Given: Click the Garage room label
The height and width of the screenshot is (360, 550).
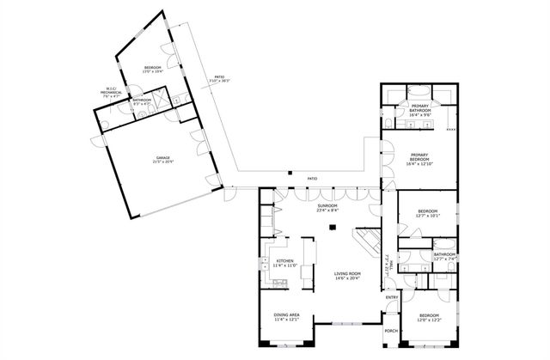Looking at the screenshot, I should [162, 160].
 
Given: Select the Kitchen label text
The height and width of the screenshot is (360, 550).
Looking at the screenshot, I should [284, 263].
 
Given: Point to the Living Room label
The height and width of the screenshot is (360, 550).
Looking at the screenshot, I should [347, 276].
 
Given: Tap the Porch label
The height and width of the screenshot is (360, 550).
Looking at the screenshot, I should [391, 332].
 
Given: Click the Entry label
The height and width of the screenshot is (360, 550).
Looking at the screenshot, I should [392, 297].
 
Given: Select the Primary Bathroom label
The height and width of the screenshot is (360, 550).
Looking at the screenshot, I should [420, 109].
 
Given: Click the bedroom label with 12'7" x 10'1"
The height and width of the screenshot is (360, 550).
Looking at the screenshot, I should [428, 214].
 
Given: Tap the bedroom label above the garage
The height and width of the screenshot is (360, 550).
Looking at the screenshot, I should [152, 70].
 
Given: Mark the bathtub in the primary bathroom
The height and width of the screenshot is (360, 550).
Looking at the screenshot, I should [420, 91].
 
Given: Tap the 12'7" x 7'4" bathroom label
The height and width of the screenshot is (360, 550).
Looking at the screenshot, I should [444, 256].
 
